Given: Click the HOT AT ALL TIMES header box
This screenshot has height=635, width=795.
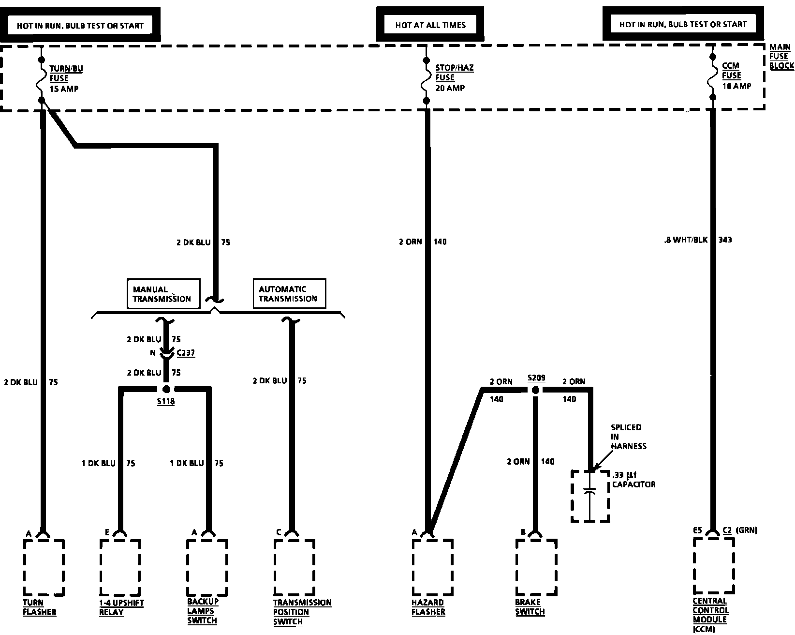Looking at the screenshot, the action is [x=430, y=24].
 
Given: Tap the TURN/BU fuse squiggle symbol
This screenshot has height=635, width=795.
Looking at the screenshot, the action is [x=41, y=80].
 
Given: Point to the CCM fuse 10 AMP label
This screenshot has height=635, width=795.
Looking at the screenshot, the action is [x=736, y=76].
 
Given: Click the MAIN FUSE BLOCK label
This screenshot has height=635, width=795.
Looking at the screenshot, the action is [x=781, y=57].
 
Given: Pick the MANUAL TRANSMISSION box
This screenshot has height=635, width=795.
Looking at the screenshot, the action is [x=163, y=294].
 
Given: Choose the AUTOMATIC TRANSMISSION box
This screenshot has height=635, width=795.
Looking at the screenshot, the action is [x=289, y=293].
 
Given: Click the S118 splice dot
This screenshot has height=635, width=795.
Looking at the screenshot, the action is [x=166, y=389].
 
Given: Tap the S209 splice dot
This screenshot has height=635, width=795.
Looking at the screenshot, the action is [x=535, y=390].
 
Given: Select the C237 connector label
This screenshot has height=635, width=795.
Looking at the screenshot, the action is [x=185, y=353].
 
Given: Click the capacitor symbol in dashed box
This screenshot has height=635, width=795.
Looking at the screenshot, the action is [x=589, y=496].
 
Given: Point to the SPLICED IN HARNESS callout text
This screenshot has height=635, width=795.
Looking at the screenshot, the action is [x=628, y=437].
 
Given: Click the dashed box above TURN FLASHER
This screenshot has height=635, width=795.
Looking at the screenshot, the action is [x=44, y=567].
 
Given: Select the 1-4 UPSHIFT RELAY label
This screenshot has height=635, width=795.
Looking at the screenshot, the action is [x=121, y=607].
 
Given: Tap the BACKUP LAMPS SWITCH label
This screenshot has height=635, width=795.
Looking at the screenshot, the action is [x=203, y=611].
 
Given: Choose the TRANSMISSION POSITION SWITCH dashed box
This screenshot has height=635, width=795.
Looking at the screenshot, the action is [x=294, y=567].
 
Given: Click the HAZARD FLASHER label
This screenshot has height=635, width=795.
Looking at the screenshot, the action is [x=428, y=607].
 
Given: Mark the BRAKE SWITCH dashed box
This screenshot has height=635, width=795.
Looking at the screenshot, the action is [x=536, y=567].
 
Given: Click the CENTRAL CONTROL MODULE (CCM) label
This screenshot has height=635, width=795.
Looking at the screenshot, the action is [x=710, y=615].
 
